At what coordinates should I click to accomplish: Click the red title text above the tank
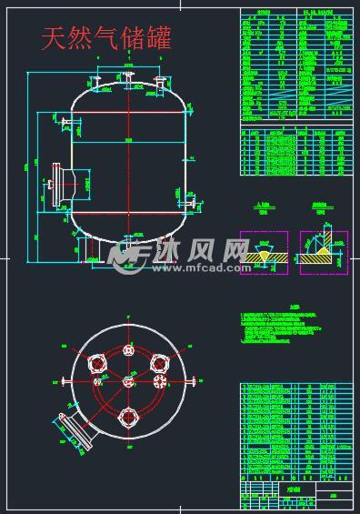(106, 38)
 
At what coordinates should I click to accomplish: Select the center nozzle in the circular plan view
(128, 380)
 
